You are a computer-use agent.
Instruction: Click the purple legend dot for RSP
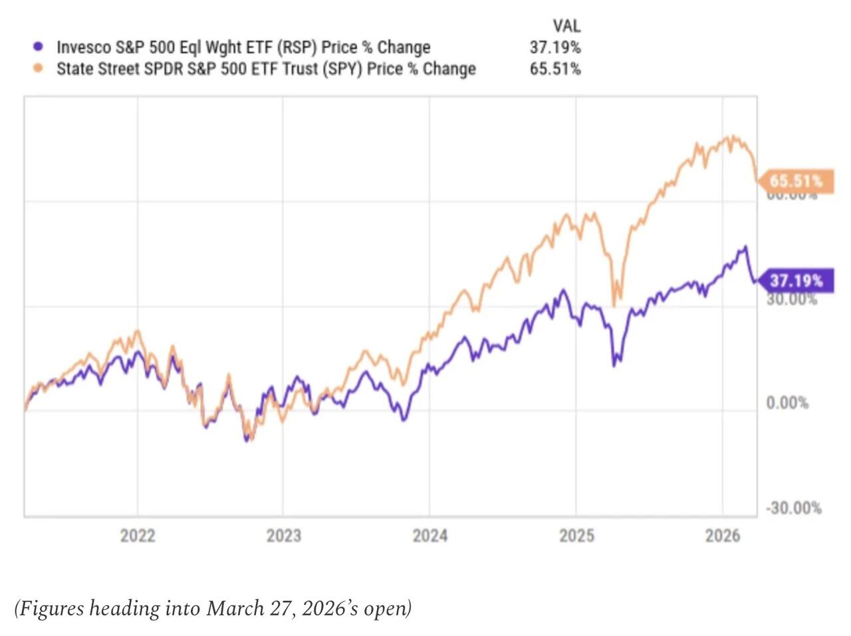pyautogui.click(x=38, y=47)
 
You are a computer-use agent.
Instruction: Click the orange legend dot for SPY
pyautogui.click(x=38, y=69)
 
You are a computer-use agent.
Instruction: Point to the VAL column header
pyautogui.click(x=566, y=26)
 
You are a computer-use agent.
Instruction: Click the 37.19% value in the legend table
pyautogui.click(x=555, y=47)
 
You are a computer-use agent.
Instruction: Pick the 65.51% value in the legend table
pyautogui.click(x=555, y=69)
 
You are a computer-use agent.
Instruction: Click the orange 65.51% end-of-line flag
pyautogui.click(x=796, y=181)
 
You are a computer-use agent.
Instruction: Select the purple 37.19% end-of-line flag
pyautogui.click(x=796, y=281)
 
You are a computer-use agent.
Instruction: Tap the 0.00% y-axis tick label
pyautogui.click(x=787, y=403)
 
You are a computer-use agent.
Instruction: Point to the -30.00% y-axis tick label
pyautogui.click(x=793, y=508)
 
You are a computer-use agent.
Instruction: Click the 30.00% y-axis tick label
pyautogui.click(x=791, y=299)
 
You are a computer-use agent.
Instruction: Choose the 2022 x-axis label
pyautogui.click(x=138, y=536)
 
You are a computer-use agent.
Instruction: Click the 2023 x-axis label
pyautogui.click(x=284, y=536)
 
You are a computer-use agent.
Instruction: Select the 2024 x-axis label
pyautogui.click(x=430, y=536)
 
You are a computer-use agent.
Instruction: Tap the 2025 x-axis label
pyautogui.click(x=576, y=536)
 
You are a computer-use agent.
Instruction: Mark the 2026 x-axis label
pyautogui.click(x=723, y=536)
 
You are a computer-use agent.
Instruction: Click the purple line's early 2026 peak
pyautogui.click(x=746, y=247)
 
